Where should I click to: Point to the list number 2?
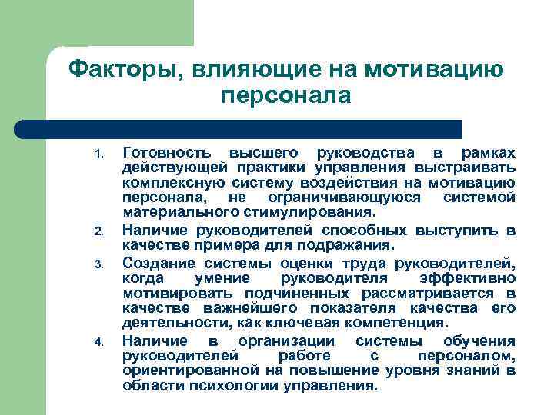pyautogui.click(x=98, y=231)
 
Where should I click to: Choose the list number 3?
pyautogui.click(x=98, y=264)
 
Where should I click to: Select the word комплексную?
pyautogui.click(x=166, y=182)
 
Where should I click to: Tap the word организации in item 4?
pyautogui.click(x=285, y=340)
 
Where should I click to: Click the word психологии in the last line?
pyautogui.click(x=219, y=387)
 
